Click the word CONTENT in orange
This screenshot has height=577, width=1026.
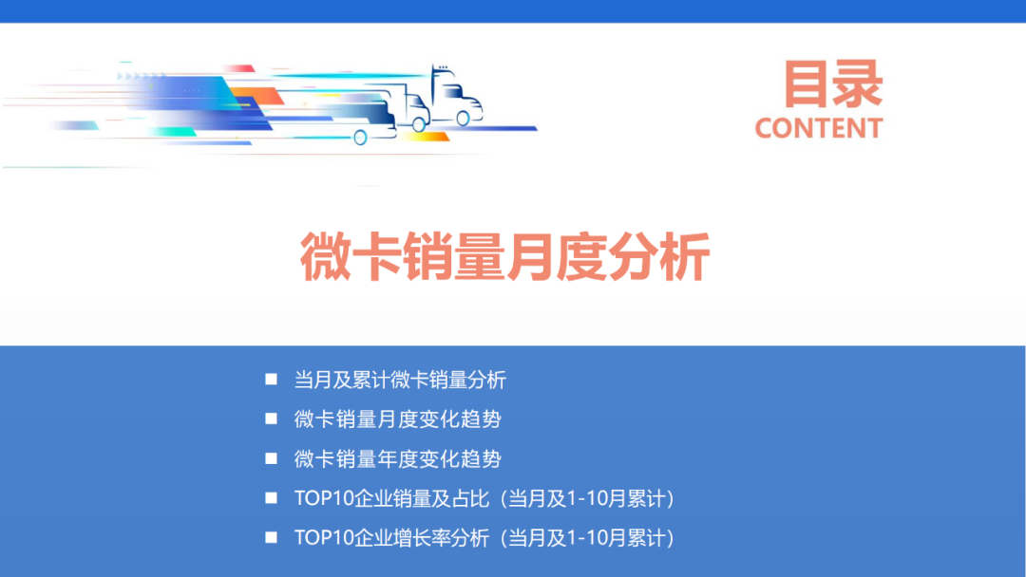pyautogui.click(x=819, y=127)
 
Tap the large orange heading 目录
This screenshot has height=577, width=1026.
pyautogui.click(x=832, y=84)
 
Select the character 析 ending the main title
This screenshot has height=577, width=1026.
pyautogui.click(x=687, y=257)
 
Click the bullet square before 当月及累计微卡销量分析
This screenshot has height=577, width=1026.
pyautogui.click(x=272, y=380)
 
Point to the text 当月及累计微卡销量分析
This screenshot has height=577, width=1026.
pyautogui.click(x=400, y=381)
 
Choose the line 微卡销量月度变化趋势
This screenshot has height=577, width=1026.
pyautogui.click(x=397, y=419)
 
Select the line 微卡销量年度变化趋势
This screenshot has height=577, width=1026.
pyautogui.click(x=397, y=459)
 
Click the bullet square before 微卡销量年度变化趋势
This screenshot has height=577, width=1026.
pyautogui.click(x=272, y=458)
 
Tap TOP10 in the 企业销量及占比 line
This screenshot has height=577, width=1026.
pyautogui.click(x=323, y=499)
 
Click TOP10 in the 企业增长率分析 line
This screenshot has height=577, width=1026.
pyautogui.click(x=323, y=538)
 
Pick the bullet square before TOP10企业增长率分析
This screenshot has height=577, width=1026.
pyautogui.click(x=272, y=537)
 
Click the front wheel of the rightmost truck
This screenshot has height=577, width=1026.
pyautogui.click(x=463, y=119)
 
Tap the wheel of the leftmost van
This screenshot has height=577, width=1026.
pyautogui.click(x=360, y=138)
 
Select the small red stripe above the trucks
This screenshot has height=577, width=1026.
pyautogui.click(x=239, y=68)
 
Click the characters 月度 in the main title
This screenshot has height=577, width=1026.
pyautogui.click(x=556, y=257)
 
